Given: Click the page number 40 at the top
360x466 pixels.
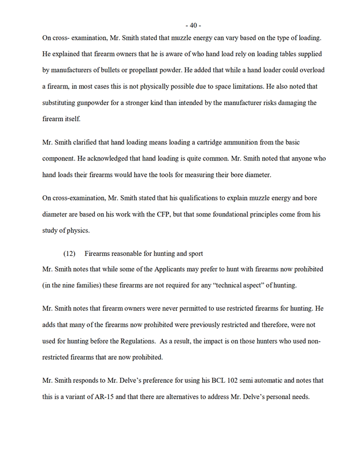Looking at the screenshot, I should [192, 25].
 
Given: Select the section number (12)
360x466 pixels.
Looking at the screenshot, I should [69, 253].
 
